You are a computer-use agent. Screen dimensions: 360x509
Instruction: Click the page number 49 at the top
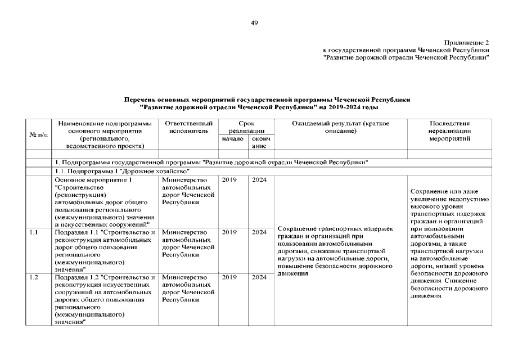[x=254, y=22]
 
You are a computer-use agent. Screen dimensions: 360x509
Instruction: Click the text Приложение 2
[x=466, y=43]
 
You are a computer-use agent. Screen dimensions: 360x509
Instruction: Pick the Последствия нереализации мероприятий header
[x=449, y=130]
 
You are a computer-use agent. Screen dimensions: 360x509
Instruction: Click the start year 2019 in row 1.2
[x=229, y=277]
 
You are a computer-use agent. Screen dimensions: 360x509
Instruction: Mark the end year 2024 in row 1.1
[x=259, y=232]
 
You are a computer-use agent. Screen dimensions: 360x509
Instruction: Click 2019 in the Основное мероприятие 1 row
[x=229, y=180]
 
